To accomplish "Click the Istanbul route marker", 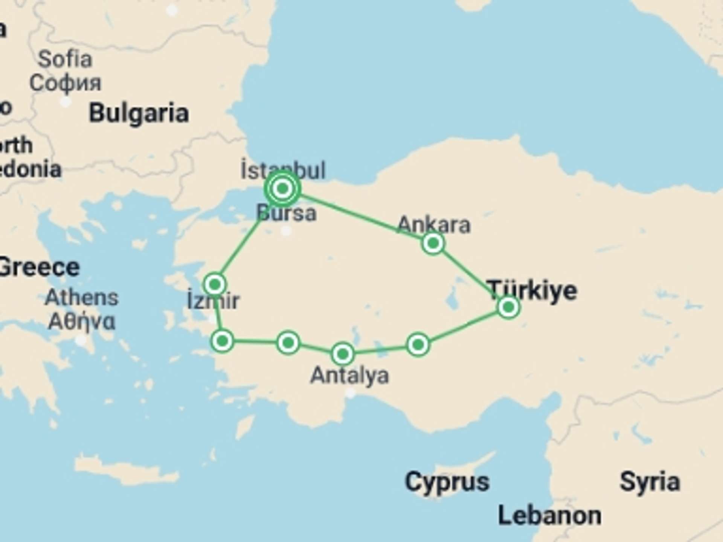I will pos(282,188).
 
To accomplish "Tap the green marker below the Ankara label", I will pos(433,243).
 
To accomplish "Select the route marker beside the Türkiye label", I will pos(508,307).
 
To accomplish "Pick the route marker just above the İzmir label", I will pos(215,284).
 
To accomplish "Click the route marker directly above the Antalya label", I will pos(343,354).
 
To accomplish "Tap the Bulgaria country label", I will pos(139,113).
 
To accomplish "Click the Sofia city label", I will pos(65,59).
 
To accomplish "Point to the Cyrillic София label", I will pos(66,83).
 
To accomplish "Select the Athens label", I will pos(81,298).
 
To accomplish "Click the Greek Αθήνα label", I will pos(81,322).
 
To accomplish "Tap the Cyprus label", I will pos(447,482).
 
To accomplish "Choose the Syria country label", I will pos(650,482).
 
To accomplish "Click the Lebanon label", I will pos(549,516).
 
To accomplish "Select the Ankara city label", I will pos(434,225).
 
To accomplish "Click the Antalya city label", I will pos(349,375).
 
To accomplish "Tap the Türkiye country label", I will pos(532,291).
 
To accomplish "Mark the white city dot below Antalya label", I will pos(351,393).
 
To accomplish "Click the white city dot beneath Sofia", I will pos(66,102).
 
